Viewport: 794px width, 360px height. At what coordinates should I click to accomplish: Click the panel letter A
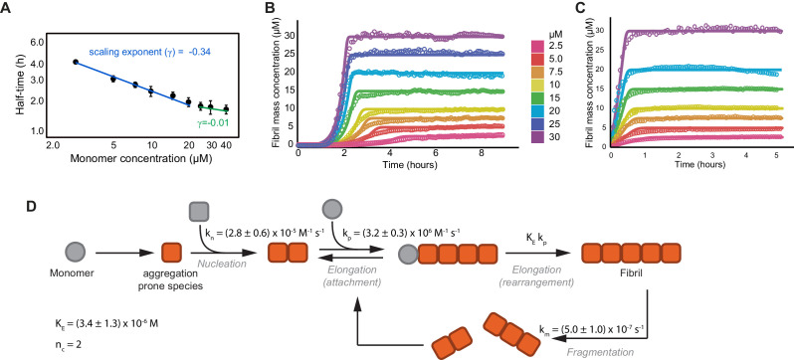tap(8, 9)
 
